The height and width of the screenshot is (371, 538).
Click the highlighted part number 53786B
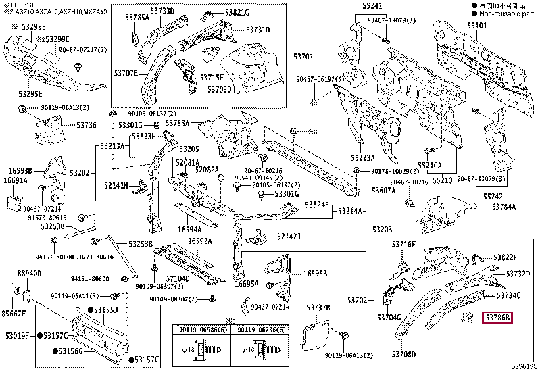click(x=497, y=316)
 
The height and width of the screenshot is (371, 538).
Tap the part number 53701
click(x=304, y=57)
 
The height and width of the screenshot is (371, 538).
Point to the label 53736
click(x=86, y=125)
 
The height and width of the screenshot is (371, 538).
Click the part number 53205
click(x=189, y=149)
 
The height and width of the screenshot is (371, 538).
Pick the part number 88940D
click(x=30, y=273)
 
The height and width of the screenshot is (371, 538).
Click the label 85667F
click(x=14, y=313)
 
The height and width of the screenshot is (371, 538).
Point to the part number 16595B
click(x=315, y=274)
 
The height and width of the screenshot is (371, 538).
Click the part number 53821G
click(x=237, y=12)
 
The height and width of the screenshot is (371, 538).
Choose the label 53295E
click(x=30, y=93)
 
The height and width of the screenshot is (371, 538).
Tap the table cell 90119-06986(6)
click(x=201, y=329)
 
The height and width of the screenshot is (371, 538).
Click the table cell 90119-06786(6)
click(x=260, y=329)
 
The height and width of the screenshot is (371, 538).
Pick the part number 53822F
click(x=505, y=257)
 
